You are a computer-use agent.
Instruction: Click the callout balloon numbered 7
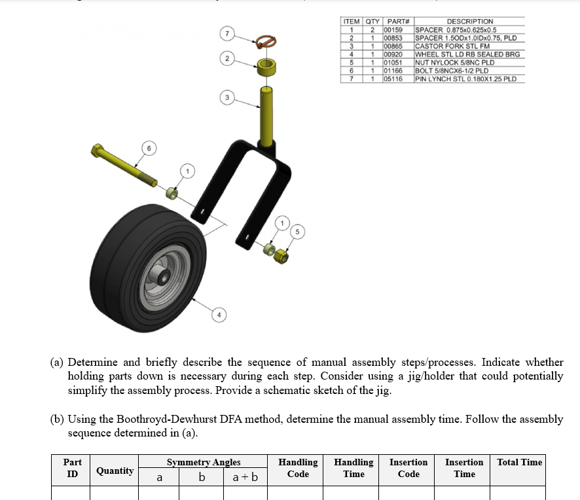(227, 33)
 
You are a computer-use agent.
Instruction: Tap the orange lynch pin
(265, 42)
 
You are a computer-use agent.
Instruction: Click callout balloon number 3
(227, 98)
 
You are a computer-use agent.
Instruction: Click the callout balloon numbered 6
(149, 149)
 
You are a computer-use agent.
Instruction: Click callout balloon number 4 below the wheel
(219, 316)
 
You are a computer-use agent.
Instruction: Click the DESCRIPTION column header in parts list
(469, 22)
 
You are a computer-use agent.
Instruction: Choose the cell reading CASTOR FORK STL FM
(452, 46)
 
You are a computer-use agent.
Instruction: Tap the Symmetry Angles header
(203, 462)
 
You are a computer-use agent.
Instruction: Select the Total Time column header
(520, 462)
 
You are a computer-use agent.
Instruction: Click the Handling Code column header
(298, 468)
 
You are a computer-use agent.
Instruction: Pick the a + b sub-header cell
(245, 478)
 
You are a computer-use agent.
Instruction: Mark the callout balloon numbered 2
(227, 59)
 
